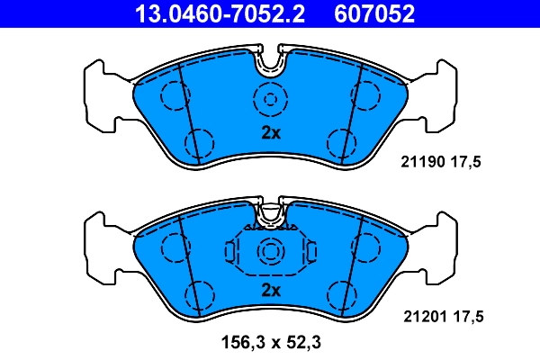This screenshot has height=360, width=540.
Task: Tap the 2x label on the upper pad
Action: pyautogui.click(x=271, y=133)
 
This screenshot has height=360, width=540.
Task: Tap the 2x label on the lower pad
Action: pyautogui.click(x=271, y=290)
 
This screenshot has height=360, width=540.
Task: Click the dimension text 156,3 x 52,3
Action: pyautogui.click(x=270, y=342)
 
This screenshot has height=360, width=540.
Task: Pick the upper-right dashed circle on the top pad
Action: pyautogui.click(x=368, y=94)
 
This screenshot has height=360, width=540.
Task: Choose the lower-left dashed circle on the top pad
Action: pyautogui.click(x=199, y=140)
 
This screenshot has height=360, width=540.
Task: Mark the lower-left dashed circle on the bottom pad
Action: pyautogui.click(x=199, y=293)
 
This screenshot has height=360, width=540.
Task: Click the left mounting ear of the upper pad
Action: pyautogui.click(x=99, y=94)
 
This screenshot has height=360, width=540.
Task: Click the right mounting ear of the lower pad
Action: pyautogui.click(x=441, y=247)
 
